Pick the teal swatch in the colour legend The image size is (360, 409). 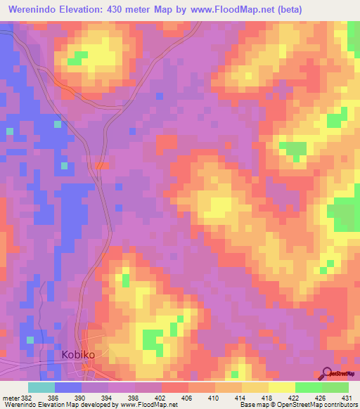[41, 387]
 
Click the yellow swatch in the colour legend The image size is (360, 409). [281, 387]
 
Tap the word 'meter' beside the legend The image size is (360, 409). [11, 398]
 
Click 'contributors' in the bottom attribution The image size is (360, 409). [340, 405]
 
